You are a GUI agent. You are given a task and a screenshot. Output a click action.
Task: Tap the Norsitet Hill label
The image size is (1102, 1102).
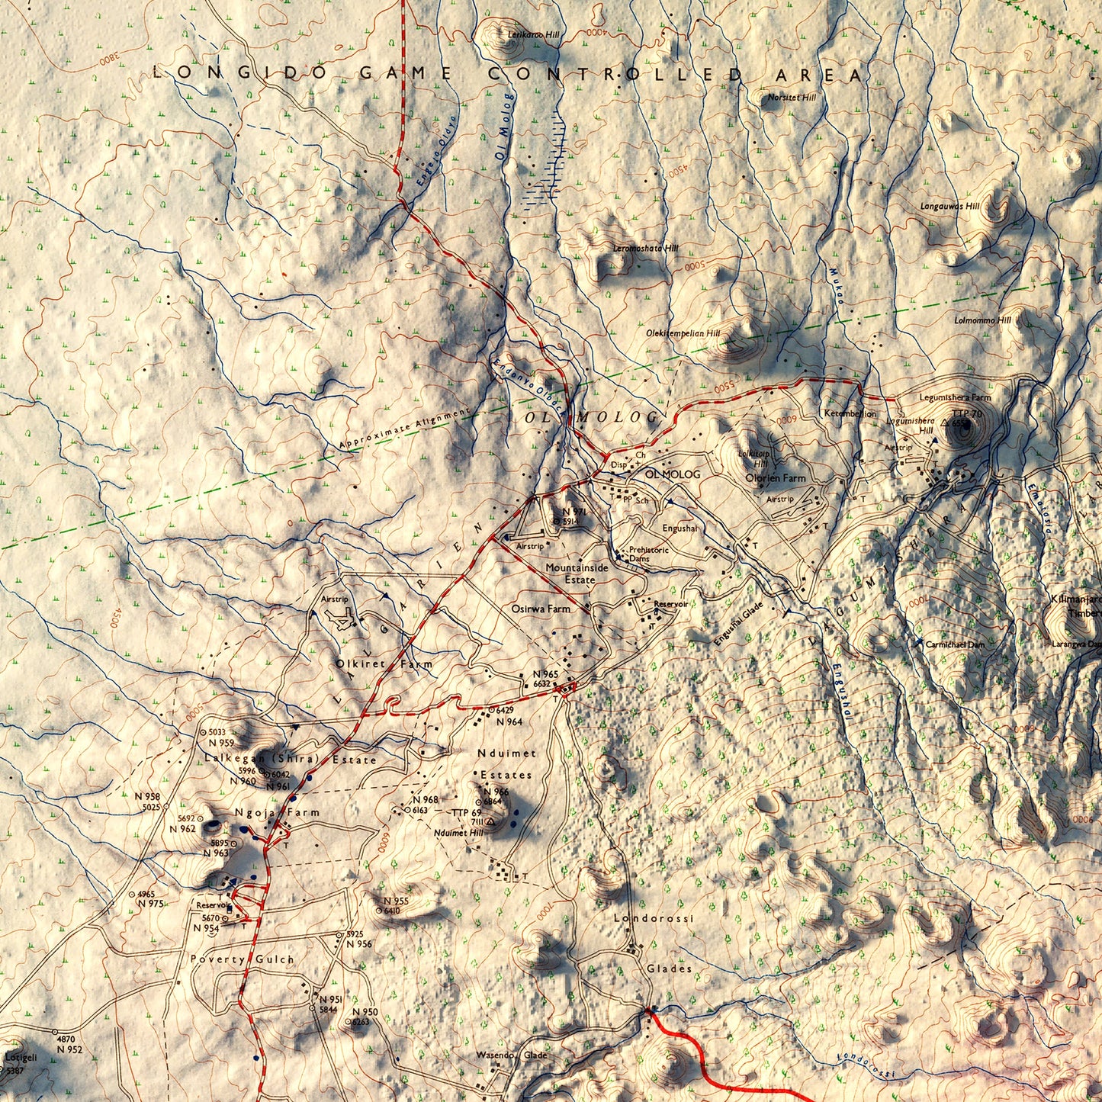click(x=792, y=98)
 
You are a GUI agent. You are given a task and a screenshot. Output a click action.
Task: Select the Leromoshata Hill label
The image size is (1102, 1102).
click(x=645, y=249)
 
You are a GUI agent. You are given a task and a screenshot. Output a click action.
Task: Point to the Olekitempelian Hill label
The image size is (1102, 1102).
click(x=683, y=333)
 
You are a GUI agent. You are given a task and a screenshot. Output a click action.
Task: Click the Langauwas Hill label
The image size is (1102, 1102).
click(x=949, y=206)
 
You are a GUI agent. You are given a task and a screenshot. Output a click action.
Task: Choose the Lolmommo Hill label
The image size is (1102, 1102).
click(x=982, y=320)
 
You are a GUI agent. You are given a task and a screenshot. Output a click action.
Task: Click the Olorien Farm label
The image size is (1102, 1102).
click(x=775, y=478)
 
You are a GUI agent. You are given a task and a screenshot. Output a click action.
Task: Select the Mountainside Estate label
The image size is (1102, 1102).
click(x=577, y=573)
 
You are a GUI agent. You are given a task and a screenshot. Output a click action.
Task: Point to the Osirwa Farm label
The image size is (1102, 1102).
click(x=541, y=609)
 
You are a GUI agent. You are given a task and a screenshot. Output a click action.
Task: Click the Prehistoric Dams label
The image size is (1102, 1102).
click(x=648, y=554)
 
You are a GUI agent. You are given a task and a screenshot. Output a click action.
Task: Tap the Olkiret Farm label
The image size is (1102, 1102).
click(x=384, y=664)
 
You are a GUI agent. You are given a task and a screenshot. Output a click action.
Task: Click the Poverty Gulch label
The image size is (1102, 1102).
click(x=242, y=959)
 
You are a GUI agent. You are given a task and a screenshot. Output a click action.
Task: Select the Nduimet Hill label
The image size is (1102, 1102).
click(x=458, y=833)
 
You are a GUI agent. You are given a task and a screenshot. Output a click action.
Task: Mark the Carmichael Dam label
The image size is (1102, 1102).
click(x=955, y=644)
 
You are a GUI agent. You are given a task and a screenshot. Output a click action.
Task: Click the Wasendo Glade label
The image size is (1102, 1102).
click(x=512, y=1055)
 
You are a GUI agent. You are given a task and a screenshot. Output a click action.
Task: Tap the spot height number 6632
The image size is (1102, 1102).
click(x=542, y=684)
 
